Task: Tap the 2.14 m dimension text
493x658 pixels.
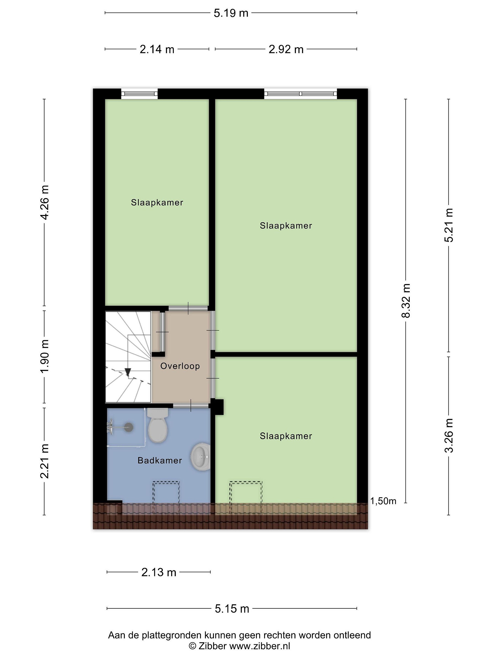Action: click(x=157, y=49)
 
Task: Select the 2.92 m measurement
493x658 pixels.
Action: click(x=286, y=49)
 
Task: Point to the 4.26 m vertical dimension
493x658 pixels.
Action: click(x=45, y=202)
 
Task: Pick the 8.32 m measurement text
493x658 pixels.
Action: click(x=406, y=300)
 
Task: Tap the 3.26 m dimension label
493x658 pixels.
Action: click(x=449, y=435)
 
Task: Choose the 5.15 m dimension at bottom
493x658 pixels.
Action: click(x=232, y=609)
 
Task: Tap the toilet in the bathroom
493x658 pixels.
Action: click(x=158, y=425)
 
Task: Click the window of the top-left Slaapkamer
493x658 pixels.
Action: click(x=139, y=94)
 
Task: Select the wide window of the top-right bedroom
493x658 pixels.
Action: click(x=301, y=94)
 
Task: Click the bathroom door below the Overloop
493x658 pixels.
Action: click(x=191, y=406)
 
